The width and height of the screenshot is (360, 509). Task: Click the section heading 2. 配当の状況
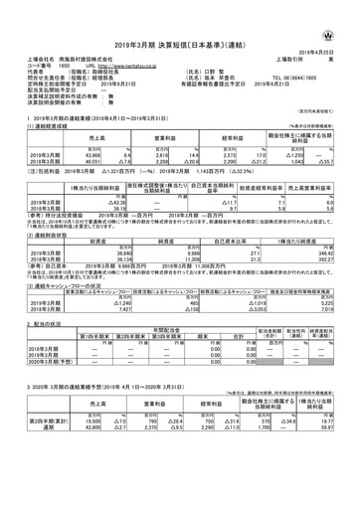coord(40,325)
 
